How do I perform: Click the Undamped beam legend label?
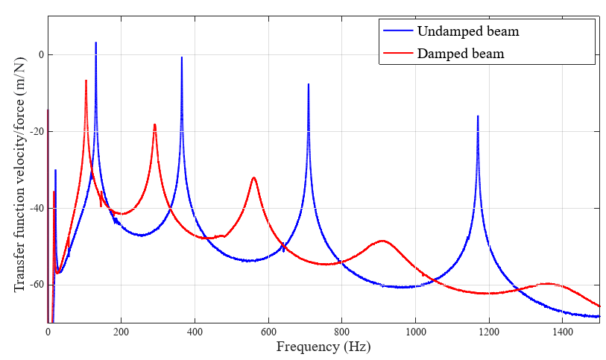(468, 32)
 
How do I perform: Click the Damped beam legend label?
(461, 54)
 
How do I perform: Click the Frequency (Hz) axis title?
(323, 347)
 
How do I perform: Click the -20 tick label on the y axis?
(35, 132)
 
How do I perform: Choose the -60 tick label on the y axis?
(35, 285)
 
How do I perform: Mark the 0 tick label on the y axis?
(40, 55)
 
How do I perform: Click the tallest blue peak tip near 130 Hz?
(95, 43)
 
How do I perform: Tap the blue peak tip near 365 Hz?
(182, 57)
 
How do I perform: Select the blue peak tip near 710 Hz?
(309, 84)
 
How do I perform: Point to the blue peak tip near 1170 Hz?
(478, 116)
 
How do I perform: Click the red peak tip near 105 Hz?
(86, 80)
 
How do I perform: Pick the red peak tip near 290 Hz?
(154, 124)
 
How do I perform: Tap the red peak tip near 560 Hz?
(253, 177)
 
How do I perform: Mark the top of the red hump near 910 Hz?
(382, 241)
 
